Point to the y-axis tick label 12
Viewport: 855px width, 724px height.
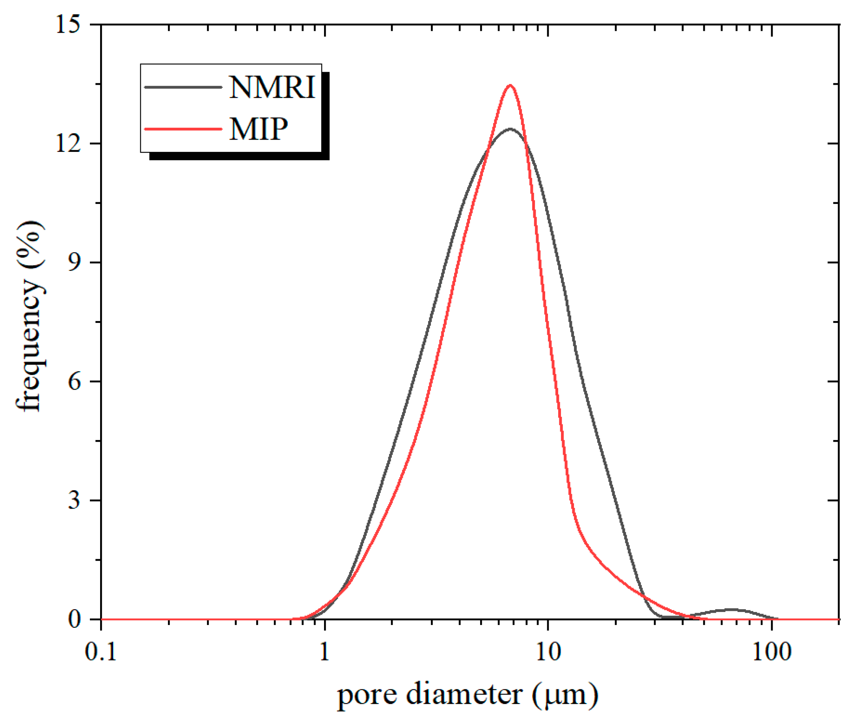[68, 143]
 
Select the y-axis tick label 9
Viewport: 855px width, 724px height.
[74, 262]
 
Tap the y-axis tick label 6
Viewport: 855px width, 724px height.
[74, 381]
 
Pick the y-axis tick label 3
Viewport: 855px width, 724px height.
[74, 500]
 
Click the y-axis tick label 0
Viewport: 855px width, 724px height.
[74, 619]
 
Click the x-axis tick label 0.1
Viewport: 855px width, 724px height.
[101, 652]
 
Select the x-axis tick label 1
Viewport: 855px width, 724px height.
[324, 652]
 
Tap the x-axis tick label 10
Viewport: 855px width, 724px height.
[548, 652]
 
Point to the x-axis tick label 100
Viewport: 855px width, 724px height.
[772, 652]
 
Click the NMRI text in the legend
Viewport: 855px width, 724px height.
[272, 88]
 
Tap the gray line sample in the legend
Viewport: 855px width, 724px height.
[183, 87]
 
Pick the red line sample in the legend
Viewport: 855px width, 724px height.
[183, 129]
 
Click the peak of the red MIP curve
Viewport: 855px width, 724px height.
[510, 85]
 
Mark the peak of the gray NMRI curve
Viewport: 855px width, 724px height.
[510, 129]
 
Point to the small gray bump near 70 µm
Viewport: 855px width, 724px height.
[732, 610]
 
